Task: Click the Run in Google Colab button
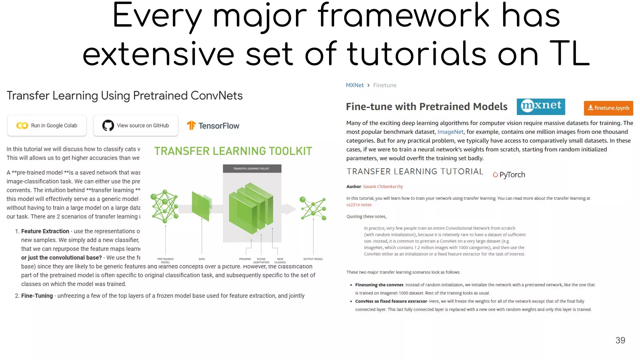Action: click(x=47, y=126)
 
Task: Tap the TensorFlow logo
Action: click(x=213, y=126)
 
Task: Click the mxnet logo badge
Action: click(x=541, y=106)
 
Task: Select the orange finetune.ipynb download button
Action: click(x=608, y=108)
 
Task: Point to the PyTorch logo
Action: click(x=509, y=175)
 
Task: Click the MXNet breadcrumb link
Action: click(x=354, y=85)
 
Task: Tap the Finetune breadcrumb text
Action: click(x=384, y=85)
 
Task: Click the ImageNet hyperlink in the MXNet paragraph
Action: click(x=450, y=132)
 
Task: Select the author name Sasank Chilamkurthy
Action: click(x=383, y=187)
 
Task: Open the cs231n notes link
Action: click(x=359, y=205)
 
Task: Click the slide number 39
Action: click(x=620, y=340)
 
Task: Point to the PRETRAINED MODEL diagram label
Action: click(x=165, y=260)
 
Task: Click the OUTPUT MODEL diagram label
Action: click(x=313, y=259)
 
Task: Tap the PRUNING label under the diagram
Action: click(x=245, y=259)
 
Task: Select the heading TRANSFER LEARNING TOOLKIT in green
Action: click(x=233, y=151)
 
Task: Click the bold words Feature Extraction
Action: click(x=45, y=231)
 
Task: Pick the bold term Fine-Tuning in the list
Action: click(x=37, y=296)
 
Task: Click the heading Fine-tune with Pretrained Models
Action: click(x=426, y=107)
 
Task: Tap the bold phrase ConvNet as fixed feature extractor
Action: click(x=391, y=301)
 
